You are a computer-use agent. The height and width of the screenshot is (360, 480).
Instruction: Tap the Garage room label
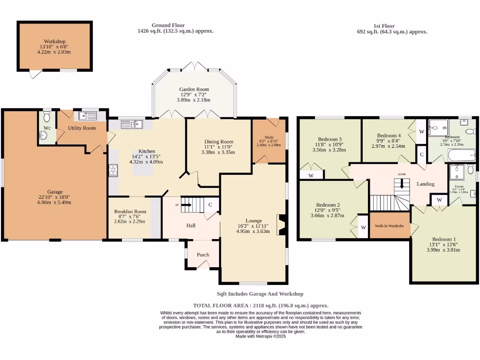[54, 192]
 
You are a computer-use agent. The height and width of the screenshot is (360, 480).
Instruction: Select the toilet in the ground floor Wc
[46, 114]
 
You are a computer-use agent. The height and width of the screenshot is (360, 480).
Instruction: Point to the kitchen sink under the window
[131, 124]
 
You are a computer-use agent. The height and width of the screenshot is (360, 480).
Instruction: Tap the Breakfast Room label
[130, 211]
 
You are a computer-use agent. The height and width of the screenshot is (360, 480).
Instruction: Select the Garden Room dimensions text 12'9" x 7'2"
[194, 95]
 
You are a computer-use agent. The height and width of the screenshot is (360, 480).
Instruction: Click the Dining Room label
[218, 142]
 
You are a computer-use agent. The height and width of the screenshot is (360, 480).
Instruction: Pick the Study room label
[269, 137]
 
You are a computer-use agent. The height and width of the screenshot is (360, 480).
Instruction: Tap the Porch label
[203, 255]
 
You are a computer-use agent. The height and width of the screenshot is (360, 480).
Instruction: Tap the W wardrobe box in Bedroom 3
[311, 175]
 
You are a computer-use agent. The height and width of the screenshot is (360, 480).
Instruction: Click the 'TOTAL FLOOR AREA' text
[221, 305]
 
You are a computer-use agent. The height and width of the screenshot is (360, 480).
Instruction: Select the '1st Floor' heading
[384, 26]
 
